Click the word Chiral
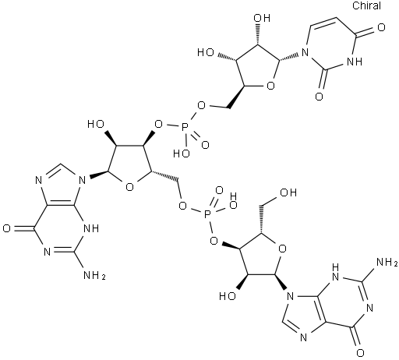[x=366, y=5]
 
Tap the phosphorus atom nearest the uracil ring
[x=185, y=127]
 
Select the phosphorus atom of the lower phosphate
[x=207, y=215]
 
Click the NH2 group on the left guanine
[x=94, y=275]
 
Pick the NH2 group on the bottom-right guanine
[x=387, y=263]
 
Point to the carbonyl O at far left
[x=7, y=229]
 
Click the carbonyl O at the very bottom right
[x=360, y=353]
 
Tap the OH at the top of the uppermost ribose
[x=262, y=18]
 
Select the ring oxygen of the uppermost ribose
[x=270, y=86]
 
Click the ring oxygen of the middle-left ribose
[x=129, y=186]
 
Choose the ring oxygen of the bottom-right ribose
[x=282, y=249]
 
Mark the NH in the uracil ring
[x=355, y=62]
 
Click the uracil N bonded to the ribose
[x=305, y=53]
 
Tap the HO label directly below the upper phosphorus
[x=182, y=154]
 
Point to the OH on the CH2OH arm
[x=288, y=192]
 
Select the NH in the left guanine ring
[x=91, y=228]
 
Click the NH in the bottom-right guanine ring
[x=336, y=272]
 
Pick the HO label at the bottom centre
[x=228, y=296]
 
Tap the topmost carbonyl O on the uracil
[x=381, y=27]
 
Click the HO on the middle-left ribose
[x=96, y=124]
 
